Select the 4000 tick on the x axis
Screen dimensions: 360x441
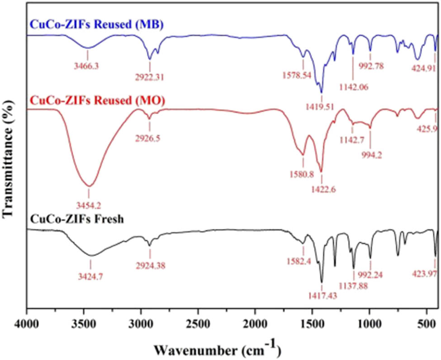(x=27, y=324)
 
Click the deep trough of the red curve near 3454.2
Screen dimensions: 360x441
(x=89, y=186)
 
